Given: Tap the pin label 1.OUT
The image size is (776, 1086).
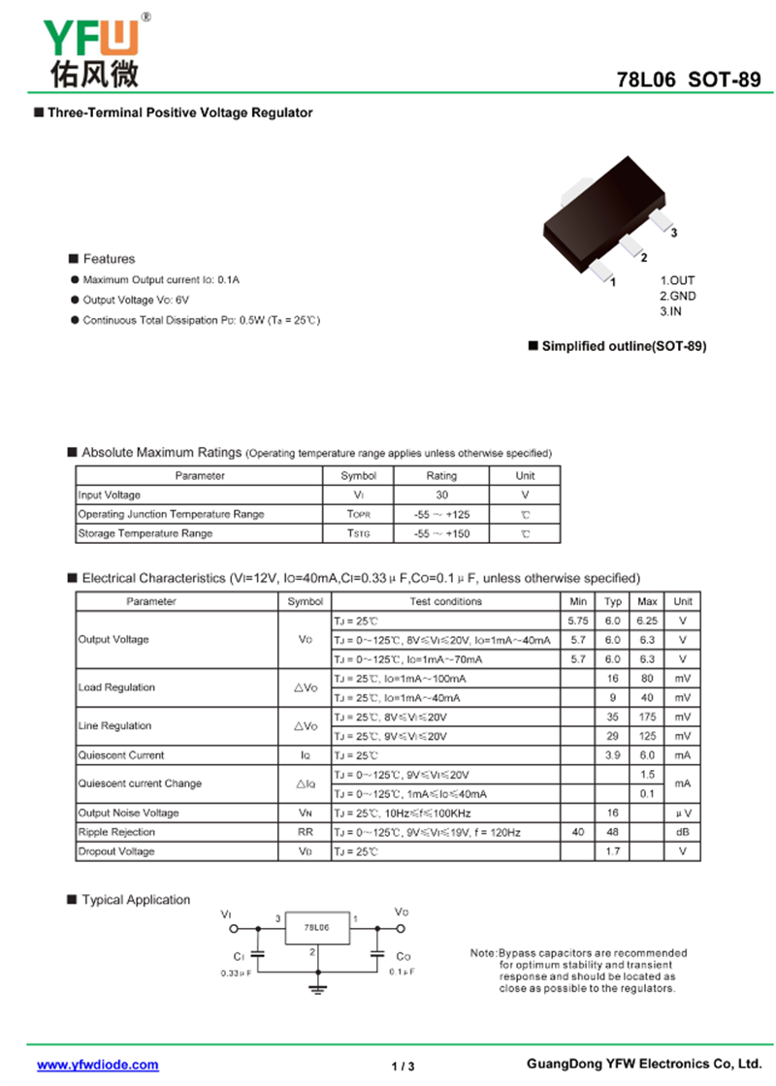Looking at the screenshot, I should coord(677,280).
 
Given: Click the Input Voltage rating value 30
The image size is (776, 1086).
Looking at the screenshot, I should coord(441,495).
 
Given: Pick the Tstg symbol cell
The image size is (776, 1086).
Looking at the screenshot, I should coord(358,534).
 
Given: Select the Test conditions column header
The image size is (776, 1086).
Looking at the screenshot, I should coord(445,601).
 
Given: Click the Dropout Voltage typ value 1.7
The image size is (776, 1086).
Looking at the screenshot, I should coord(612,851).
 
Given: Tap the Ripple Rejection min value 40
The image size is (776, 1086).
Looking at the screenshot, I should coord(578,832).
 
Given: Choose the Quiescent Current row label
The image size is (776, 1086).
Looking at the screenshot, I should coord(121,755).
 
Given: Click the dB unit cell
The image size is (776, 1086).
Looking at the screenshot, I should coord(683,832).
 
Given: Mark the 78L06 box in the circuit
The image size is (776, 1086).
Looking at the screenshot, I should coord(316,928).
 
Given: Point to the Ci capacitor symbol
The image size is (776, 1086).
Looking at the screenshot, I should coord(257,955).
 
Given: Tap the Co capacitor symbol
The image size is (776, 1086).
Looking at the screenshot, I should coord(378,955).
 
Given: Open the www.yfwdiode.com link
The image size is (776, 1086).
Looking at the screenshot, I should coord(98,1065).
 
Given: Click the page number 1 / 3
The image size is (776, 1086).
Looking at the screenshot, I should coord(403,1067).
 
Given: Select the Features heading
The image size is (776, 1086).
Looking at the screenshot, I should coord(109,259).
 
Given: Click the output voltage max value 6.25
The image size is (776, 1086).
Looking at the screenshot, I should coord(647,621).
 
